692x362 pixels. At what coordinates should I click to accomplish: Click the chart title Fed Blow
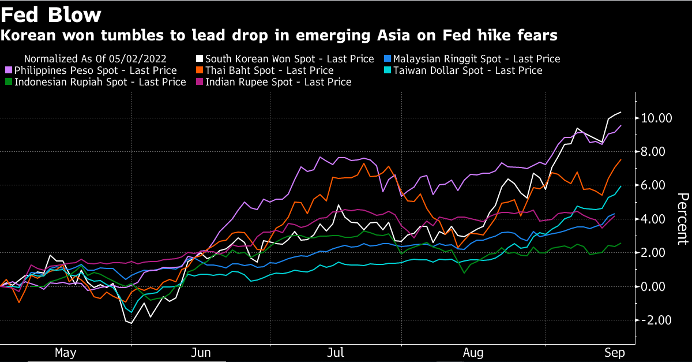51,14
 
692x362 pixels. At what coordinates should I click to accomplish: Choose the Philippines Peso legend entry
95,70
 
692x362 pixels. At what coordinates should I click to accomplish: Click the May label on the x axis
65,352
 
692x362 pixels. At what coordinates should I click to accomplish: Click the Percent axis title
682,219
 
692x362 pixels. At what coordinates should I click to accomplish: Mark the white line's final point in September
620,112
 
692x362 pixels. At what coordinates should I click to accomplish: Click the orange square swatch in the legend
200,70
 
